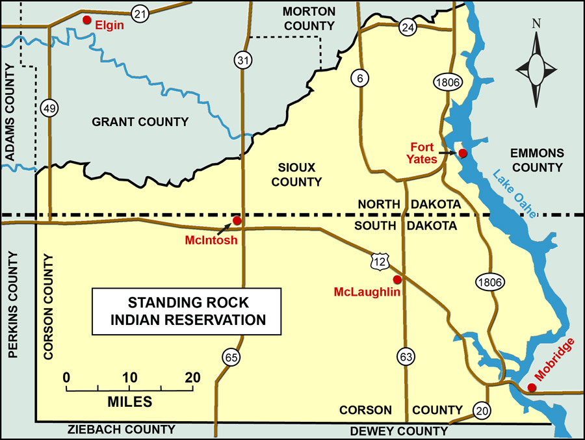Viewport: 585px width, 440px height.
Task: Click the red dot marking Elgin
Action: [86, 20]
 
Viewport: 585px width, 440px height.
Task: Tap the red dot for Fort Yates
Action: [462, 153]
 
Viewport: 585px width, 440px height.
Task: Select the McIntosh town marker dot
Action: [237, 220]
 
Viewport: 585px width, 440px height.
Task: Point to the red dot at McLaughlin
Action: [397, 279]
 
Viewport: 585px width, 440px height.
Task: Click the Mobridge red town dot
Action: [532, 387]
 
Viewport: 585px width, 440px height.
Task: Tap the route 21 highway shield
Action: [139, 12]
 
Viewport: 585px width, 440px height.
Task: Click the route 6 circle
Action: [359, 78]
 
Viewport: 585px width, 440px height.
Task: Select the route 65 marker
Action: [230, 356]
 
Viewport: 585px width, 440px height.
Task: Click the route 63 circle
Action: [405, 356]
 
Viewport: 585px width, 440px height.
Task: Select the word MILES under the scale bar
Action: [129, 402]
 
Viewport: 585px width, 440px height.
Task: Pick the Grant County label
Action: [140, 122]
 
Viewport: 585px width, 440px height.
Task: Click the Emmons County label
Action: [536, 161]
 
